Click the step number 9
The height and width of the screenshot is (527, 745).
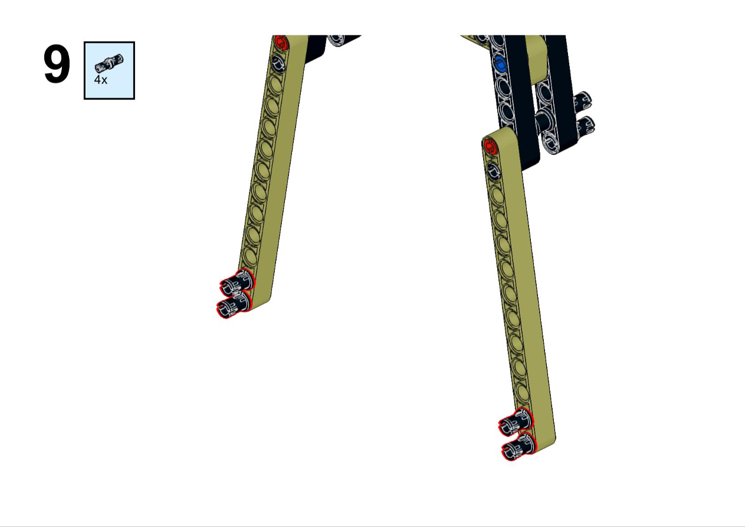[57, 64]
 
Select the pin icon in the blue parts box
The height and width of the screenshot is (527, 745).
[109, 63]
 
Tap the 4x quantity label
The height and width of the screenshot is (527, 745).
[100, 80]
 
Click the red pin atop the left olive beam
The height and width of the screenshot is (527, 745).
[281, 42]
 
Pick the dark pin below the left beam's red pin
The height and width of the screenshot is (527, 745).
[278, 63]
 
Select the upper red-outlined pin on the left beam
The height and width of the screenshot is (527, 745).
[237, 282]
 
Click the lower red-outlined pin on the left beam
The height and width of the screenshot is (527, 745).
[234, 305]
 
